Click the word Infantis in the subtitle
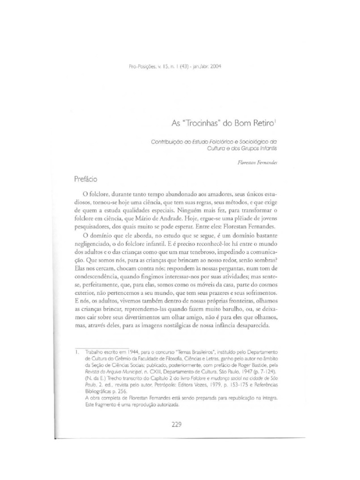point(268,147)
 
